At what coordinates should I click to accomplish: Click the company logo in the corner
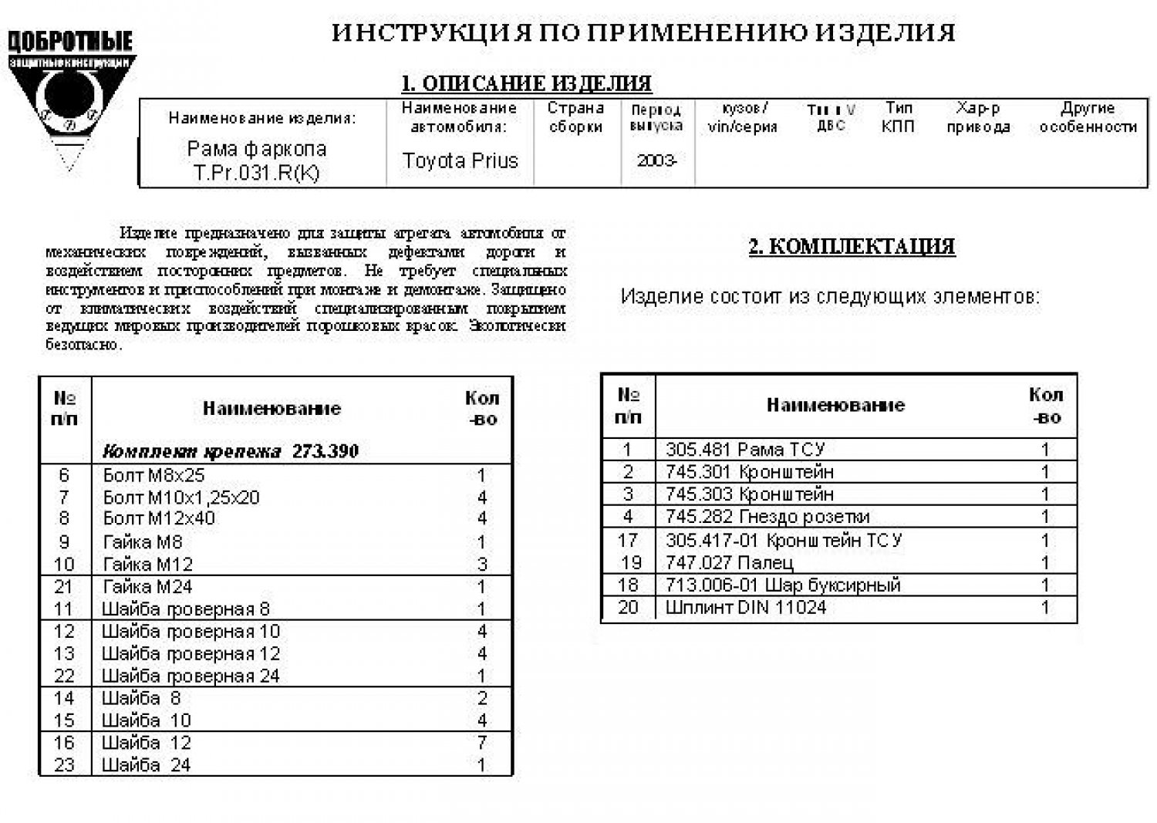coord(71,96)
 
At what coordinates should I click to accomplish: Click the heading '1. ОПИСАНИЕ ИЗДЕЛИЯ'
coord(526,83)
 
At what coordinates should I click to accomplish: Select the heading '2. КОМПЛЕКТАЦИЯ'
coord(852,247)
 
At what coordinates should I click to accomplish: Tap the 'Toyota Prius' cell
coord(460,161)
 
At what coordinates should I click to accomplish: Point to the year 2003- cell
coord(656,161)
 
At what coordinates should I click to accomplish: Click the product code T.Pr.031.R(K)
coord(256,173)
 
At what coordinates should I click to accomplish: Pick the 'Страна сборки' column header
coord(575,117)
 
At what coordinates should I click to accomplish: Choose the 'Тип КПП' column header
coord(898,117)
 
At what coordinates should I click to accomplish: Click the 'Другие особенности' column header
coord(1088,117)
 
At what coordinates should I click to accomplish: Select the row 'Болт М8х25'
coord(154,475)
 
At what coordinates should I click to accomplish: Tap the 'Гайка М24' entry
coord(147,587)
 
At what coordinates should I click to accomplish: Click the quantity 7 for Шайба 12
coord(482,743)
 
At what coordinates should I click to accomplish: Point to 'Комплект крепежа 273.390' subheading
coord(231,451)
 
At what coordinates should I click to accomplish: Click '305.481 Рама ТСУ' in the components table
coord(745,450)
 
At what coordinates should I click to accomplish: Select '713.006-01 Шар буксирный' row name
coord(783,585)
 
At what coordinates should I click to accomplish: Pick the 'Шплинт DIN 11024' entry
coord(746,608)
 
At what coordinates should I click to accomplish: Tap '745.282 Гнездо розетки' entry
coord(767,517)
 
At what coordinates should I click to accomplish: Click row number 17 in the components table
coord(628,540)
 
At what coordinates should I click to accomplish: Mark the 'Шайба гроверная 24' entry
coord(191,676)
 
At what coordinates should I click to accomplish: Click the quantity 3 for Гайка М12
coord(482,565)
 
